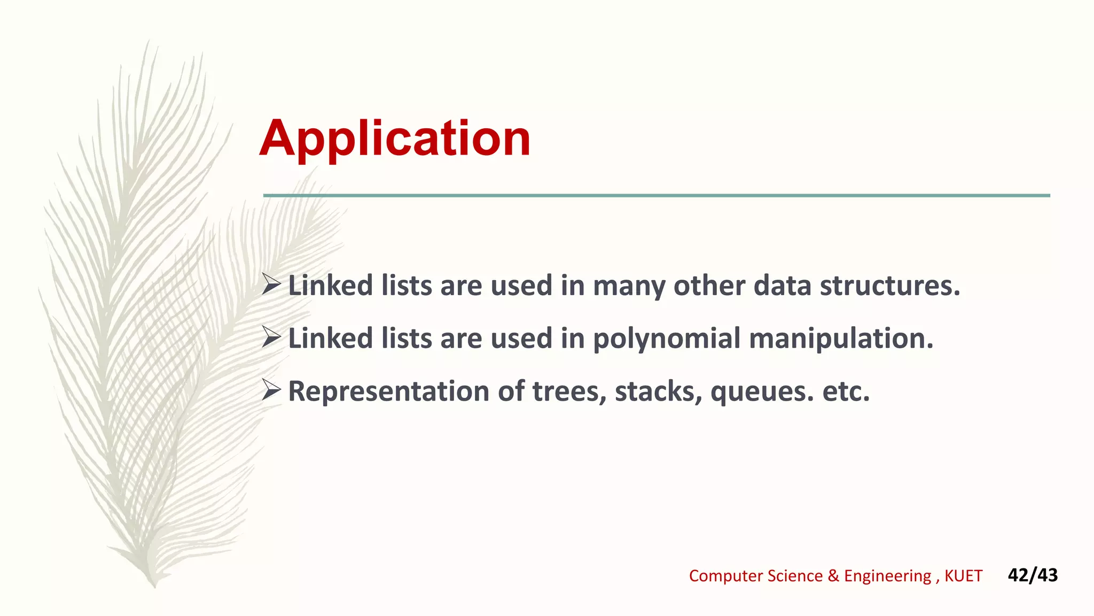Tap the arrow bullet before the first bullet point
tap(271, 284)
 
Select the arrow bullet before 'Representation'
tap(271, 390)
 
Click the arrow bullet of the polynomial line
tap(271, 337)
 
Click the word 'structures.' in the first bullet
tap(890, 285)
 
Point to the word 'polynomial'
tap(666, 339)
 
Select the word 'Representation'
tap(389, 391)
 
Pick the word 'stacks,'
tap(658, 391)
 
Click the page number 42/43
tap(1033, 575)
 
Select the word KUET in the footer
tap(963, 576)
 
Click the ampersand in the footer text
tap(833, 576)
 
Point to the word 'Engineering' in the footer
tap(887, 576)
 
